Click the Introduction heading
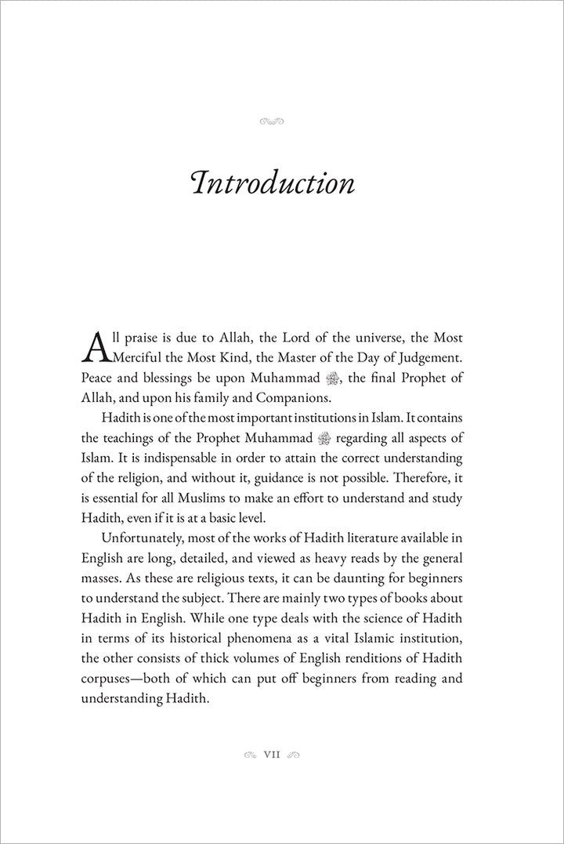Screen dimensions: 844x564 click(272, 183)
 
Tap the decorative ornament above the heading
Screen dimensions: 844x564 click(270, 121)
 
